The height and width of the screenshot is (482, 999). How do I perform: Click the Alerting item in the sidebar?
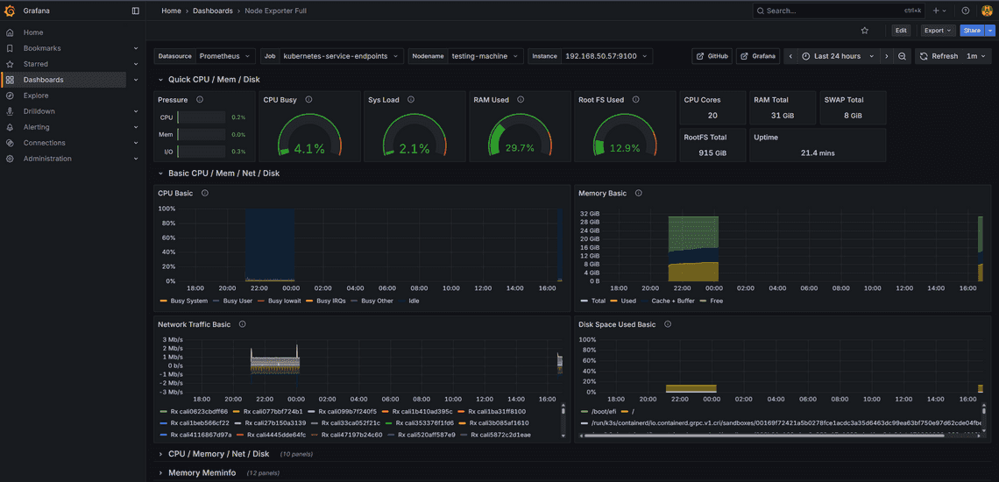[36, 127]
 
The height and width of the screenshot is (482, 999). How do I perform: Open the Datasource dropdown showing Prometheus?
[225, 56]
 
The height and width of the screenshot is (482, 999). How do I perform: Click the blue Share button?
[971, 31]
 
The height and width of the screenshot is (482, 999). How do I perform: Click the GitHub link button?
[712, 56]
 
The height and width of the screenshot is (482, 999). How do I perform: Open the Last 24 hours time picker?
[836, 56]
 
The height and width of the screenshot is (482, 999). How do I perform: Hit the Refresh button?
[939, 56]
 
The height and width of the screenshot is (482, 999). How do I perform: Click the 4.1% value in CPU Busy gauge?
[309, 149]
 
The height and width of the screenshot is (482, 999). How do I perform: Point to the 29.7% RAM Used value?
[520, 149]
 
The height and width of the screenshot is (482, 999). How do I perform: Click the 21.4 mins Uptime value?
[817, 153]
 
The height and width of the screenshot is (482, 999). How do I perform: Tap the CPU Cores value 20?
[712, 116]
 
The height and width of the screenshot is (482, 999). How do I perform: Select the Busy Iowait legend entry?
[283, 301]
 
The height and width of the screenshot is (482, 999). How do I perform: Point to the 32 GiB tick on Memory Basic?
[589, 213]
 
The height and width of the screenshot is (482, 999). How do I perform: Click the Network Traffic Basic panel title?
[194, 324]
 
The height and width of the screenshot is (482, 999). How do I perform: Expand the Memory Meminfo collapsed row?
[202, 473]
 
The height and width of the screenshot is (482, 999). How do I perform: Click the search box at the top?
[832, 11]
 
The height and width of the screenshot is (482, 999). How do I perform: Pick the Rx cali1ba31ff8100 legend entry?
[496, 411]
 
